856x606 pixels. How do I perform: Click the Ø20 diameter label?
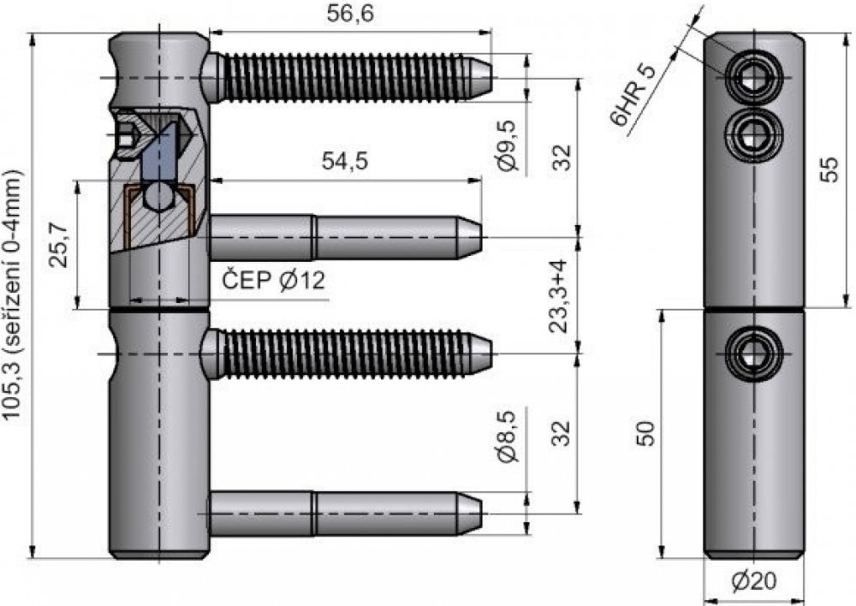coord(753,583)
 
